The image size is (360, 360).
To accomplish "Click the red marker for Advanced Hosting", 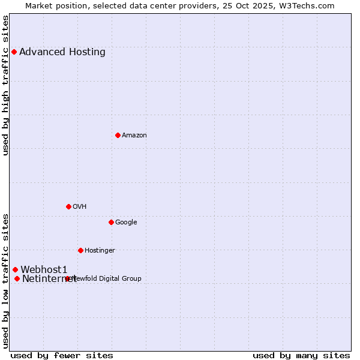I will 14,52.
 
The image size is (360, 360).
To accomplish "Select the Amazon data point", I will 118,135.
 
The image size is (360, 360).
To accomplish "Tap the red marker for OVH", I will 68,206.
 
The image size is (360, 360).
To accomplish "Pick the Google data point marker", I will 111,222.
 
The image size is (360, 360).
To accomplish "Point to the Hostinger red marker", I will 80,250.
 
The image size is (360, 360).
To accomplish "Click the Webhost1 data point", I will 15,269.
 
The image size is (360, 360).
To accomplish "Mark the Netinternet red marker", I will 17,278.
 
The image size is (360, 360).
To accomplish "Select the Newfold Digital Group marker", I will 67,278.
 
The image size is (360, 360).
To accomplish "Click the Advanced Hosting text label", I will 62,52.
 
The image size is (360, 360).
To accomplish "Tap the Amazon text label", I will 134,135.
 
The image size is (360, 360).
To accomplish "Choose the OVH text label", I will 80,206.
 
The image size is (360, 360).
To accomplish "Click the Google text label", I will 126,222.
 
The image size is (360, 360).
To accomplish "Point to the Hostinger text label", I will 100,250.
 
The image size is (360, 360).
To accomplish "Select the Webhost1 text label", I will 44,269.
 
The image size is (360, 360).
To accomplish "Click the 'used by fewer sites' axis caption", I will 62,355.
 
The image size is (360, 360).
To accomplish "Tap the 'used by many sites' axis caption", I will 301,355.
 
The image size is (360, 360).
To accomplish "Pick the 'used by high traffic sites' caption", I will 6,85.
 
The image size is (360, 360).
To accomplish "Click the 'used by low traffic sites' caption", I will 6,281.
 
